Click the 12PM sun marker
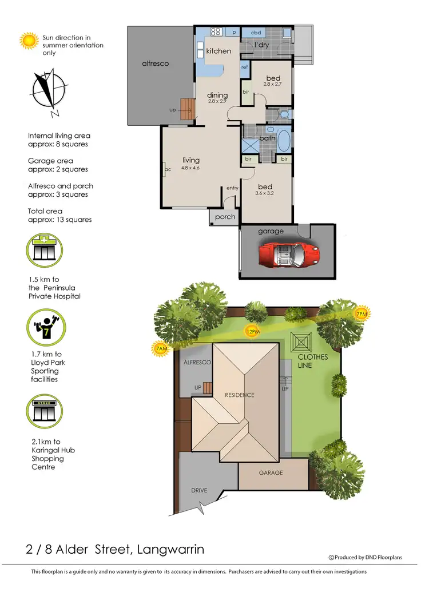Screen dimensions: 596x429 [252, 331]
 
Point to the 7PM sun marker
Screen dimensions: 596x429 [362, 313]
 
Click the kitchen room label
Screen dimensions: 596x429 [219, 51]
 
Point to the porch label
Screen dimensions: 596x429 [225, 217]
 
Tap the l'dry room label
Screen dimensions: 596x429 [261, 45]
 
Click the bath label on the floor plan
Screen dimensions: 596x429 [267, 138]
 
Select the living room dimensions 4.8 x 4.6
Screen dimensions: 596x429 [191, 168]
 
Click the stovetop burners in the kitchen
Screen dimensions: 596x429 [216, 32]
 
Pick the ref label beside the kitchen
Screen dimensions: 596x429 [244, 67]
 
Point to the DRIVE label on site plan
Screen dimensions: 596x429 [200, 491]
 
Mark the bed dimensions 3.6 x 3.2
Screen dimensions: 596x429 [265, 194]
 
